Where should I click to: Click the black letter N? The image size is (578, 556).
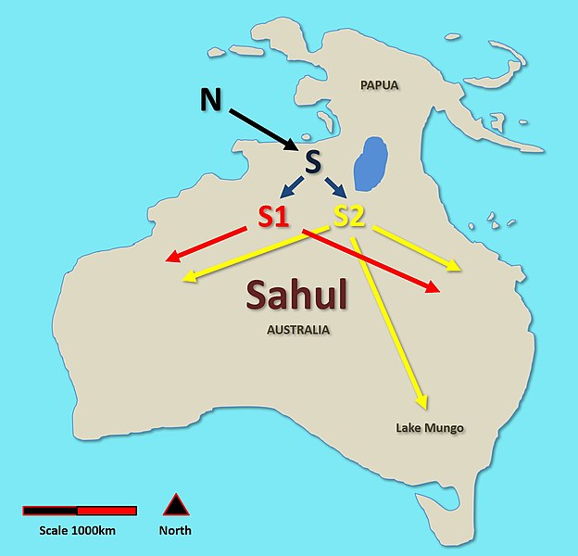coord(211,100)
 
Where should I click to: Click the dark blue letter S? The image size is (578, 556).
coord(313,161)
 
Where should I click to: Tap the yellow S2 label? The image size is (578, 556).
coord(350,217)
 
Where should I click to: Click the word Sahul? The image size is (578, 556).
coord(296,296)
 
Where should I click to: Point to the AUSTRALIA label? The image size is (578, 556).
coord(298,330)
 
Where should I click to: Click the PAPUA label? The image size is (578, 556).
coord(378,85)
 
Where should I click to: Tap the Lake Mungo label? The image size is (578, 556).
coord(429,428)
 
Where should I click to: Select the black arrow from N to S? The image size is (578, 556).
coord(263,128)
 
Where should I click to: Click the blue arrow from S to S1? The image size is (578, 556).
coord(290,188)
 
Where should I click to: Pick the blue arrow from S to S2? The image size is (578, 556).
coord(335,187)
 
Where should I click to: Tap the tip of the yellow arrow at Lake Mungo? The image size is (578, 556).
coord(425,407)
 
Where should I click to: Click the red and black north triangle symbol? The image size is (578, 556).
coord(175,506)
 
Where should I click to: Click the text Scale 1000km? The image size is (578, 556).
coord(78,531)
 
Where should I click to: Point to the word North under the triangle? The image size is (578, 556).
coord(175,531)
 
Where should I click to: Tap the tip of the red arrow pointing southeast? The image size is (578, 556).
coord(437,292)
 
